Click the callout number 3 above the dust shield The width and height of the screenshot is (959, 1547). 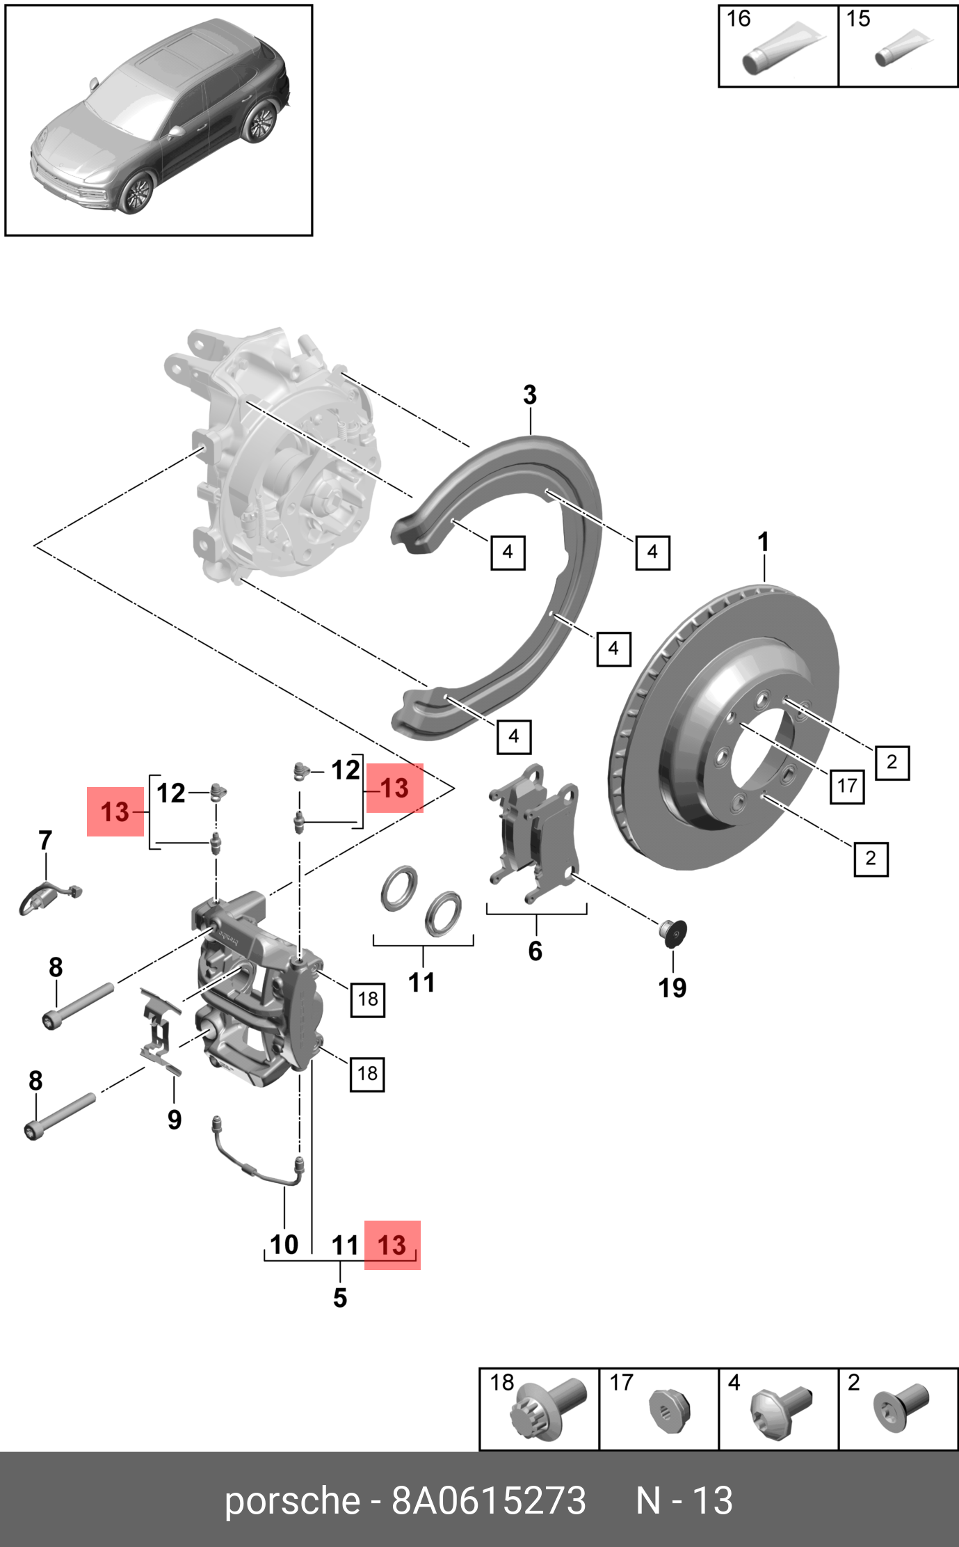point(530,395)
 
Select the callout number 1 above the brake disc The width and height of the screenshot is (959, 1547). point(763,542)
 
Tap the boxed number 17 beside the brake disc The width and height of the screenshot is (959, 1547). point(847,786)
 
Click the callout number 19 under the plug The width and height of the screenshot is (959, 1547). point(672,988)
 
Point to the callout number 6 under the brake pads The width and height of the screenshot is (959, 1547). point(535,951)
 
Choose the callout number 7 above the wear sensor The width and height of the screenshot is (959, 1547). point(45,841)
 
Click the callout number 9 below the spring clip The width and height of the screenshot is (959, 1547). point(175,1120)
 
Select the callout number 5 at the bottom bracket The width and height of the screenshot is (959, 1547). point(340,1298)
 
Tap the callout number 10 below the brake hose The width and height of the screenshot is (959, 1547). point(284,1244)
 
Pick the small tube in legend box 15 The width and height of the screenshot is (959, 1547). point(902,49)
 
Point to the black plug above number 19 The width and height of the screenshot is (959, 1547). point(674,932)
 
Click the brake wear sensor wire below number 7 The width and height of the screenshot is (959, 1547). point(49,894)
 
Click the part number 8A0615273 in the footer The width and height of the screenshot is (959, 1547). point(488,1500)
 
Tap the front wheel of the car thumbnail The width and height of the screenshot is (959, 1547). point(138,192)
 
